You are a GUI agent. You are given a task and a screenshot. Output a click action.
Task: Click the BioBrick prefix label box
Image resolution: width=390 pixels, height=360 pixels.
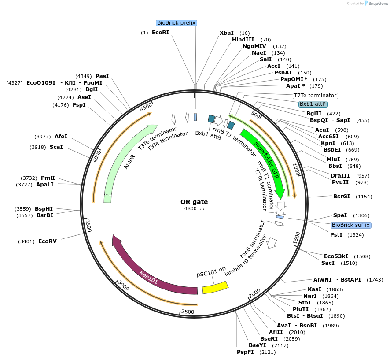pos(176,23)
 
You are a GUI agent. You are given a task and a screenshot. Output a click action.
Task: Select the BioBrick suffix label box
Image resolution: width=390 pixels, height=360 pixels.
pos(351,225)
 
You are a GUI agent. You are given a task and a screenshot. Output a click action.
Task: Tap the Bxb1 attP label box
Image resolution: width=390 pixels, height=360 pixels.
pos(313,104)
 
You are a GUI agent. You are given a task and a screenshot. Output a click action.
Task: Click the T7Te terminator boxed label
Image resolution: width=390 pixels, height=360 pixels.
pos(315,95)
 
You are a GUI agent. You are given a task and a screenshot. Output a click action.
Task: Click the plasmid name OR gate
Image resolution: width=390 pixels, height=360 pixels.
pos(194,202)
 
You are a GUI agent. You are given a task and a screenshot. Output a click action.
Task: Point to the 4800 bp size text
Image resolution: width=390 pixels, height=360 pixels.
pos(194,208)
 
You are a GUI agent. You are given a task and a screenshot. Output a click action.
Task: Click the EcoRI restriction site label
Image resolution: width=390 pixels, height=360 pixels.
pos(160,33)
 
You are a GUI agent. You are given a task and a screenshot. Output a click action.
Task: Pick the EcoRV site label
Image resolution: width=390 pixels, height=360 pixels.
pos(48,241)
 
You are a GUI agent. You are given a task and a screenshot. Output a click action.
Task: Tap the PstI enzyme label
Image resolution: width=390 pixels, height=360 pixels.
pos(336,234)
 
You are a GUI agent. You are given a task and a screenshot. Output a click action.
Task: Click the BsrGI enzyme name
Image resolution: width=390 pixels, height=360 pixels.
pos(342,196)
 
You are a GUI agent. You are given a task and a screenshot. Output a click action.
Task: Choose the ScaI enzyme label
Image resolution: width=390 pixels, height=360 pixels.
pos(56,147)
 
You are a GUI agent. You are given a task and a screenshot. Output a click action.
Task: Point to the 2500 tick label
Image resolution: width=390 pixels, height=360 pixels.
pos(188,312)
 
